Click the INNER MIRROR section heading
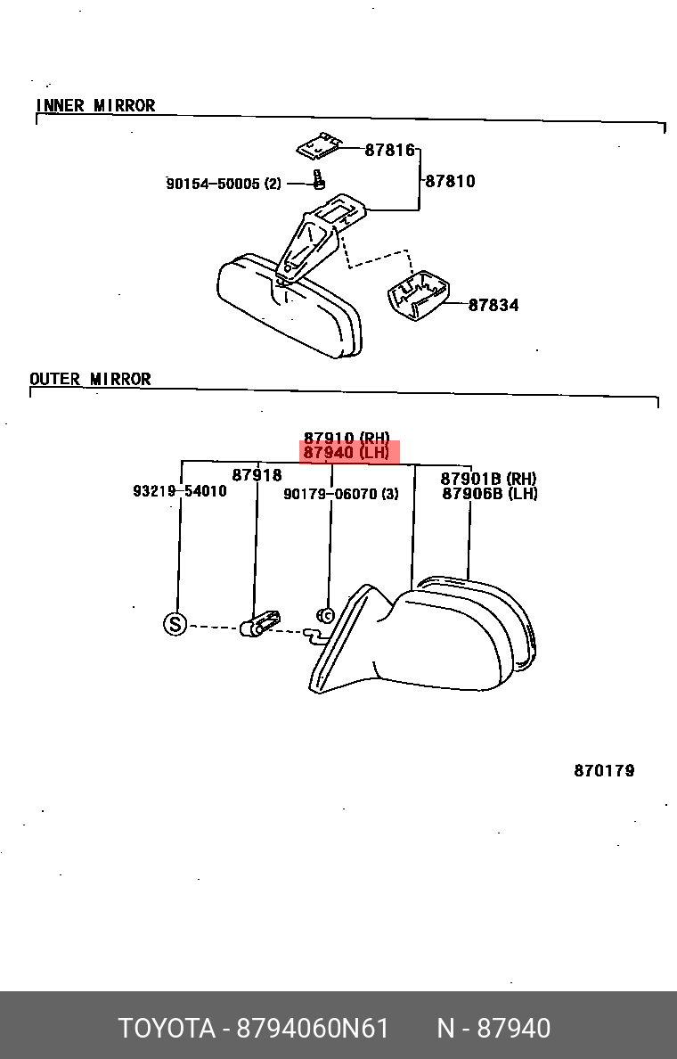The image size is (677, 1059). coord(95,105)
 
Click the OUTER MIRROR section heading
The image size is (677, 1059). coord(91,379)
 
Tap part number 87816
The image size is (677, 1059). coord(390,150)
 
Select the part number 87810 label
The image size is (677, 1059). coord(450,181)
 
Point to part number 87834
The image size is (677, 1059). coord(493,305)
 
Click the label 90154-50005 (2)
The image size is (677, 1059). coord(224,184)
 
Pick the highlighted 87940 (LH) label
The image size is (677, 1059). coord(347,453)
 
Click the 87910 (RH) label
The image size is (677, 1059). coord(347,438)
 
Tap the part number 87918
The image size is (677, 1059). coord(257,475)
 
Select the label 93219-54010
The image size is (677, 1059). coord(180,491)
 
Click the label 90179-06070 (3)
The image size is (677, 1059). coord(341,495)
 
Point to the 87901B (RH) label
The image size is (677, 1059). coord(489,479)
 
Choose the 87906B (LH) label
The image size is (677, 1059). coord(490,494)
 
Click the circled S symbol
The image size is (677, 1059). coord(175,623)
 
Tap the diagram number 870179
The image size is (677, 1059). coord(604,770)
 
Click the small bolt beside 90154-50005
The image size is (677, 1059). coord(319,180)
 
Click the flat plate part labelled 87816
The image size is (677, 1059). coord(319,145)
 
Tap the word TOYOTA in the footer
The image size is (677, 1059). coord(167,1029)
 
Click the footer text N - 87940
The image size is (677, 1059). coord(494,1029)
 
